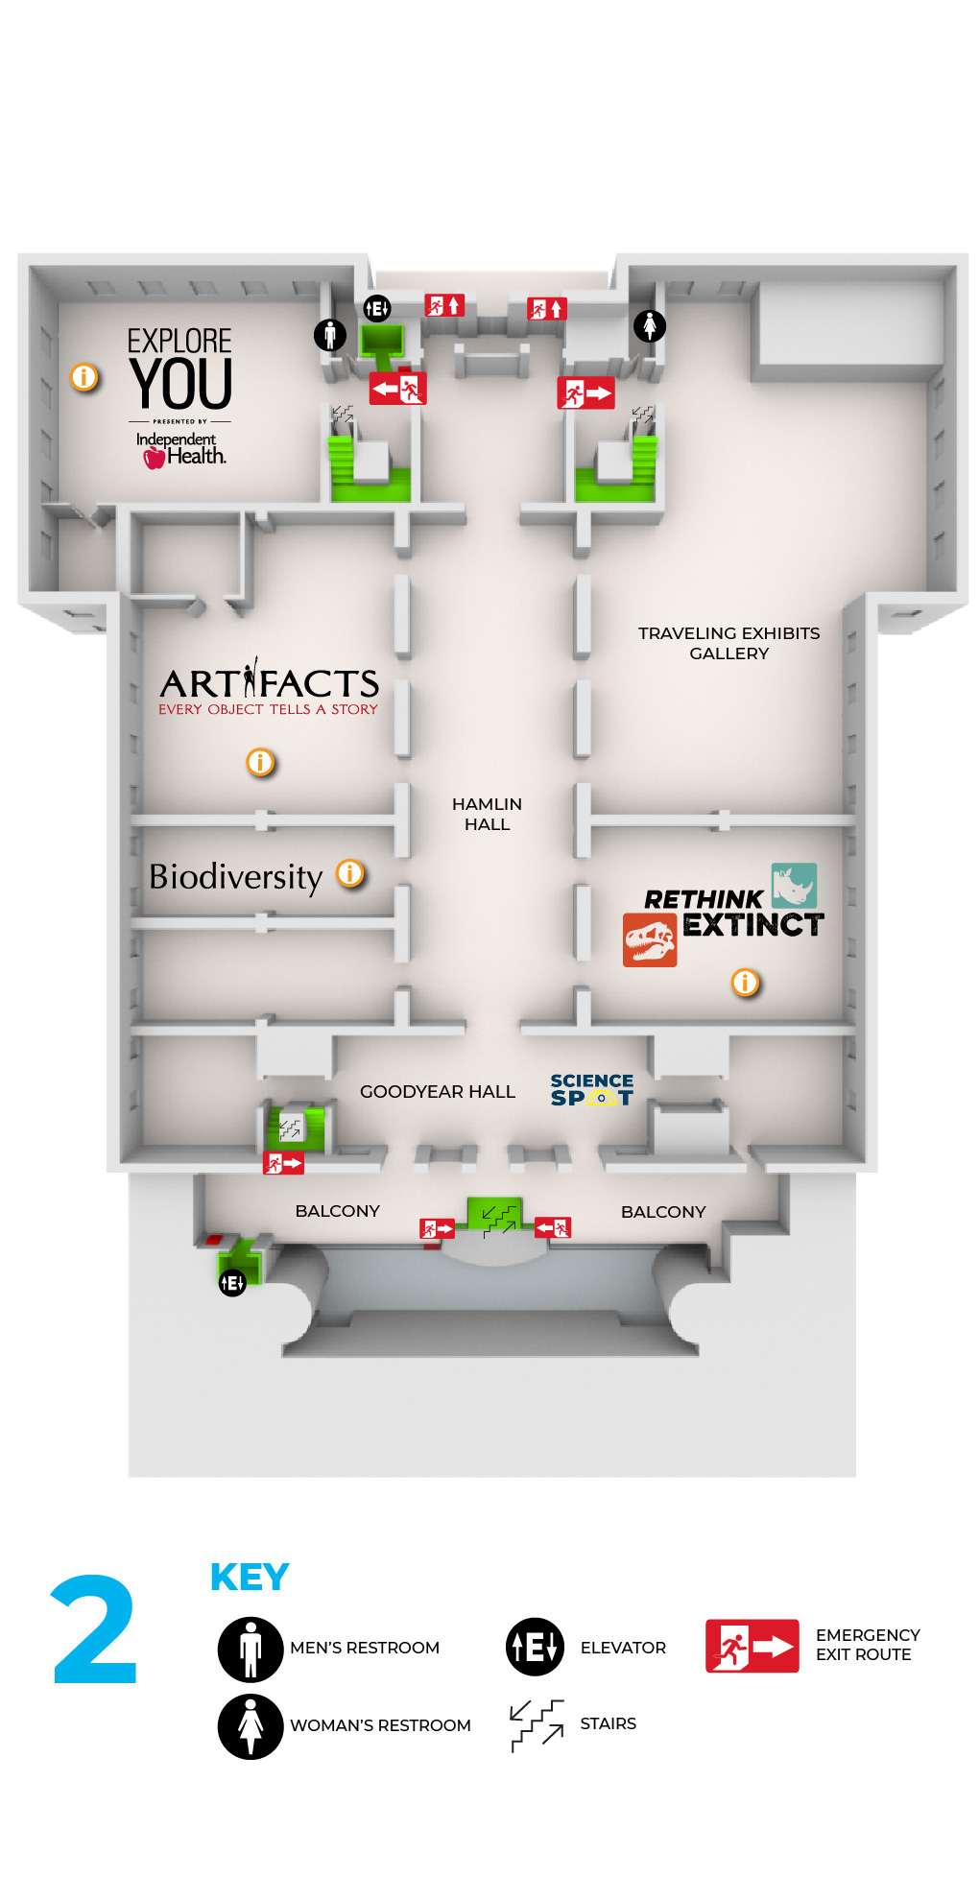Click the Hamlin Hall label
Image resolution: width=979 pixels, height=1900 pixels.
tap(487, 814)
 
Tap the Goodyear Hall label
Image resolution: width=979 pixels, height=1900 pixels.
tap(437, 1091)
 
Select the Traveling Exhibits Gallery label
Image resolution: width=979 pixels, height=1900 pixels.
tap(728, 643)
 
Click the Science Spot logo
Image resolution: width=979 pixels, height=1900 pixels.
tap(591, 1090)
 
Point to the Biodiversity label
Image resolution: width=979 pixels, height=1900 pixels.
tap(235, 877)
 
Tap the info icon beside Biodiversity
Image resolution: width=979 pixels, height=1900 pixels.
tap(350, 873)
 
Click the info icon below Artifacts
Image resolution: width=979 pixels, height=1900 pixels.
tap(260, 762)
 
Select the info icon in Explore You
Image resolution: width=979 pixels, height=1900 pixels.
tap(84, 377)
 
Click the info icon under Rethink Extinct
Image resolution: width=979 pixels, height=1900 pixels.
tap(745, 982)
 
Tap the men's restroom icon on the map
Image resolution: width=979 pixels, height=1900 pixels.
tap(329, 334)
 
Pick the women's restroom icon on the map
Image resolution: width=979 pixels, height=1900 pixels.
tap(650, 326)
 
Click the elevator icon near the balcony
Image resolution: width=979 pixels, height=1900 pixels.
tap(232, 1282)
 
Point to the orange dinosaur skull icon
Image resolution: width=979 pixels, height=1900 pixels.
tap(650, 940)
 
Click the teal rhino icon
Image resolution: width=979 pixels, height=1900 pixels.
tap(794, 885)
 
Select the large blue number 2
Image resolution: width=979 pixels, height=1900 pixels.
tap(95, 1630)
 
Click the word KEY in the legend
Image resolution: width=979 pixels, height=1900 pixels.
tap(250, 1578)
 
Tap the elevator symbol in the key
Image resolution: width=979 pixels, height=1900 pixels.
tap(535, 1647)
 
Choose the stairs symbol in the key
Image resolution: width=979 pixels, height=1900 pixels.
tap(537, 1724)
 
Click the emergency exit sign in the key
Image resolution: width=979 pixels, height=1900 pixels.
tap(752, 1646)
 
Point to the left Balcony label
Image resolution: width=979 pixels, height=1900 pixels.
tap(337, 1211)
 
